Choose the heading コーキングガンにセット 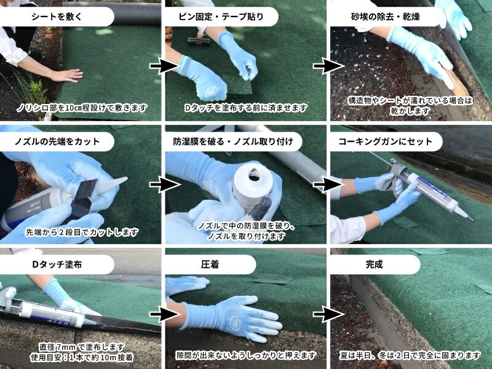coord(386,141)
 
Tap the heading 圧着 coord(210,264)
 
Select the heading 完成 coord(373,264)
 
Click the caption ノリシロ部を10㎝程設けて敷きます coord(82,108)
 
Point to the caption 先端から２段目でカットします coord(82,232)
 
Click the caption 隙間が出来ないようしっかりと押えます coord(246,355)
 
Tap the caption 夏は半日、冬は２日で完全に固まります coord(410,355)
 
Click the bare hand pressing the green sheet coord(66,75)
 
